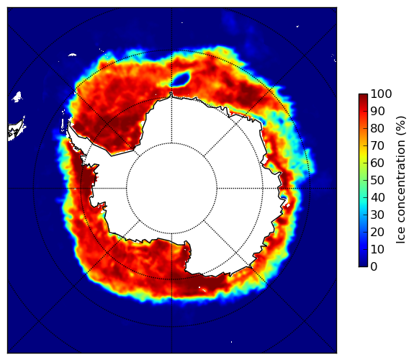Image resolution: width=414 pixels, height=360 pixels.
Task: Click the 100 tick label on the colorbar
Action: (381, 94)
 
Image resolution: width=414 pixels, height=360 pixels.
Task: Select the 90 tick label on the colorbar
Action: (377, 111)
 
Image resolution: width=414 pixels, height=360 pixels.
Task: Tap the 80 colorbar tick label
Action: (377, 128)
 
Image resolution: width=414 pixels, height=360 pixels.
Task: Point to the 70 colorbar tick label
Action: (377, 145)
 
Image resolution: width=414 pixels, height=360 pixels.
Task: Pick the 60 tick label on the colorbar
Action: (377, 163)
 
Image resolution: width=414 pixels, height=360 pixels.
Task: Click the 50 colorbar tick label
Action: (377, 181)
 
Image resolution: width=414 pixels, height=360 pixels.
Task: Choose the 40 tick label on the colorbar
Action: (377, 197)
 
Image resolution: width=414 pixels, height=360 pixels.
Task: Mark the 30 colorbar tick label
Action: (377, 215)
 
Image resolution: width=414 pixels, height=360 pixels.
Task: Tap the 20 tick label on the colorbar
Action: (377, 232)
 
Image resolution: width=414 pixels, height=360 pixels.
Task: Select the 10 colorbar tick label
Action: (377, 250)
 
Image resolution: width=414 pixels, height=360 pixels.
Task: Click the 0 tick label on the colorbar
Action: (374, 267)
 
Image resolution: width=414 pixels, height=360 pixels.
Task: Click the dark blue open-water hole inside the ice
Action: (181, 78)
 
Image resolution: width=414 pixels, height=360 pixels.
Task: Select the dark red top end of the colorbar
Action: (363, 96)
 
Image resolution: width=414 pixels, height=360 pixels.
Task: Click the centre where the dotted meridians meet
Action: (172, 189)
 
